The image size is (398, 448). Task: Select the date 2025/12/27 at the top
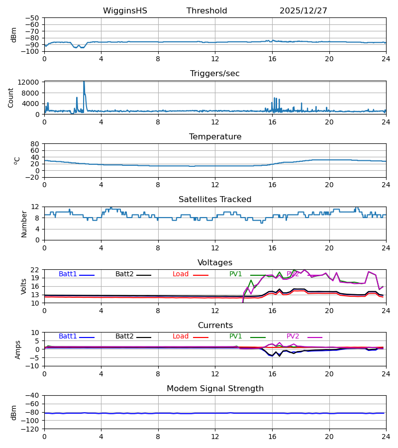coord(303,11)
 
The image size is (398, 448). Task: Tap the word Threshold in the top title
coord(206,11)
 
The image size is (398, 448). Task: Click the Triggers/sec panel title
coord(214,74)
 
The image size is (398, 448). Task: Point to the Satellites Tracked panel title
coord(214,200)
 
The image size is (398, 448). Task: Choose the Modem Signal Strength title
coord(214,389)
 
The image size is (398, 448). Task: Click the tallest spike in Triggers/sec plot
coord(84,82)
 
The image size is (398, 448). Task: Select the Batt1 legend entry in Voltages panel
coord(68,274)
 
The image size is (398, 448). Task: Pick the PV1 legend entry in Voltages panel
coord(236,274)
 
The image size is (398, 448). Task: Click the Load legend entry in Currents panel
coord(181,336)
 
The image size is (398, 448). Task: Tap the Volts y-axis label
coord(24,286)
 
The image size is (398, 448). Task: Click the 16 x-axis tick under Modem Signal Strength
coord(272,436)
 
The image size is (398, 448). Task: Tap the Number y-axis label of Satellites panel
coord(24,224)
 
